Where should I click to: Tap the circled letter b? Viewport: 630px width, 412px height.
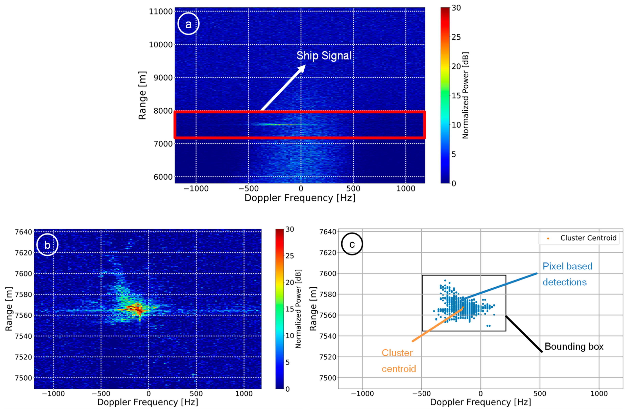tap(47, 245)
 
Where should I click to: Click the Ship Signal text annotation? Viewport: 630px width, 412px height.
tap(324, 56)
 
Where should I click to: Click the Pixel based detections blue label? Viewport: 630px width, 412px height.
tap(567, 274)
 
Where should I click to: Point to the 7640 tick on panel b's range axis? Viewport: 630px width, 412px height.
tap(23, 232)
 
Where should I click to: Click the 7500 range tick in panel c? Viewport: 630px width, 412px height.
tap(328, 378)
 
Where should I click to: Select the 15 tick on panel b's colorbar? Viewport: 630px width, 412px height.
tap(290, 309)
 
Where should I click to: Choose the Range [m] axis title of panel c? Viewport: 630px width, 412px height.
tap(313, 309)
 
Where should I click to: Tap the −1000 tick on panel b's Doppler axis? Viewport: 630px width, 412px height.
tap(53, 394)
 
